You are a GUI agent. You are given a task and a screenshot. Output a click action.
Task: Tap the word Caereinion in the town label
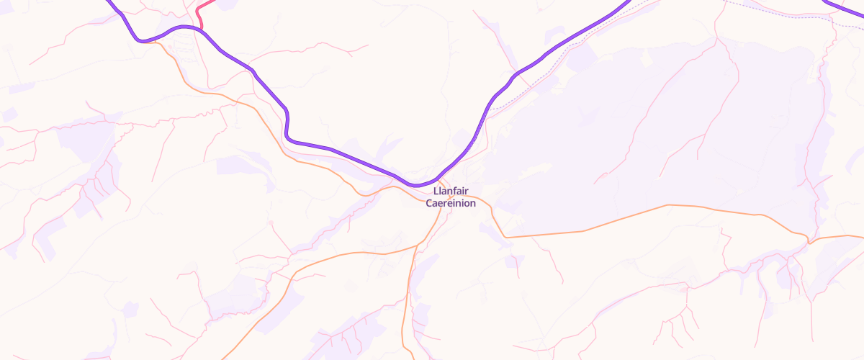(x=451, y=204)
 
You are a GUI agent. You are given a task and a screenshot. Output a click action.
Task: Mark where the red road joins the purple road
(x=201, y=28)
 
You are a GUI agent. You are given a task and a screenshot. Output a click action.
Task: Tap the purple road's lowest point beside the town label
(x=416, y=185)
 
